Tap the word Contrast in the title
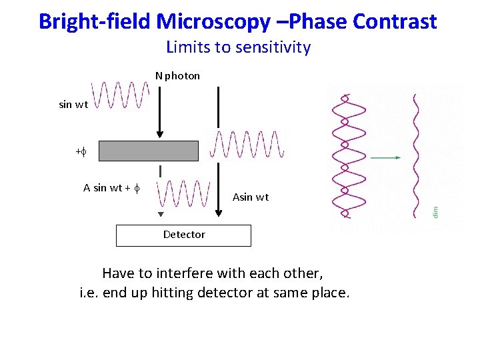[x=395, y=21]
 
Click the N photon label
[x=178, y=76]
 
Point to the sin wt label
[x=73, y=104]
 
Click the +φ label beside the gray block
[x=81, y=153]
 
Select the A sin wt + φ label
[x=111, y=187]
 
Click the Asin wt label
[x=251, y=197]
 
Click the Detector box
[x=183, y=235]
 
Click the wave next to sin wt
[x=119, y=95]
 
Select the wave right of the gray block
[x=247, y=145]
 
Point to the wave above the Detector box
[x=183, y=194]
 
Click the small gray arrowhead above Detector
[x=160, y=214]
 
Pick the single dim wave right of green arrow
[x=417, y=155]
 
